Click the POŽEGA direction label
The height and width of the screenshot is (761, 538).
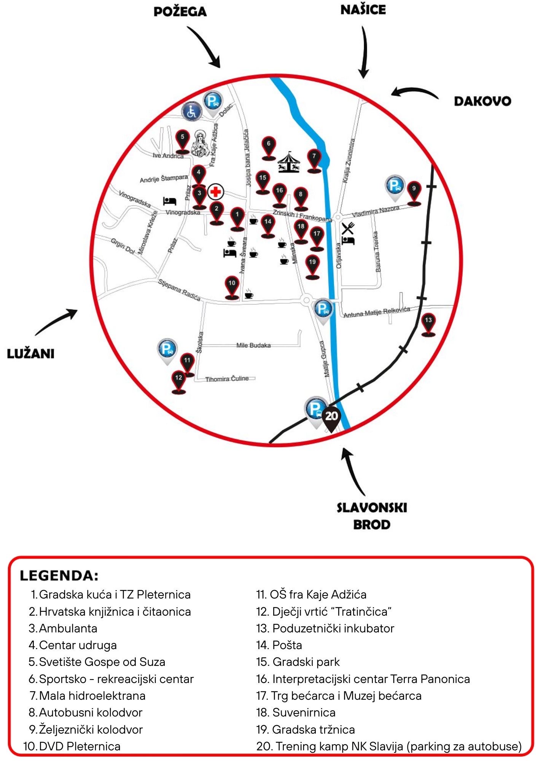click(180, 11)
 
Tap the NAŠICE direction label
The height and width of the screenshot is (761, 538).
click(363, 10)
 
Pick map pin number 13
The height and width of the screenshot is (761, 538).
click(428, 325)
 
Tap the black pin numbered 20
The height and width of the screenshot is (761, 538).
click(331, 419)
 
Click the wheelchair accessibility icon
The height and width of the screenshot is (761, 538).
click(191, 111)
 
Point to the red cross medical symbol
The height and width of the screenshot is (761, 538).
click(216, 191)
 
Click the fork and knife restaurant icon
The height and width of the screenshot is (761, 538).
click(347, 228)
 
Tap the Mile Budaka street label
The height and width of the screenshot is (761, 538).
click(253, 345)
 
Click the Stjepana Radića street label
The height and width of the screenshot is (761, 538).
click(179, 290)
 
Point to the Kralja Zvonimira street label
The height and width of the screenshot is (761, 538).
click(349, 161)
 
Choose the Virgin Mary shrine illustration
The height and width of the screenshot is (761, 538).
click(199, 143)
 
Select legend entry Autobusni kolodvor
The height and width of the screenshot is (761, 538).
click(86, 712)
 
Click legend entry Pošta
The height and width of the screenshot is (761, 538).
click(279, 645)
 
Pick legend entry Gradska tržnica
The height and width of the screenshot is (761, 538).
click(306, 729)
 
